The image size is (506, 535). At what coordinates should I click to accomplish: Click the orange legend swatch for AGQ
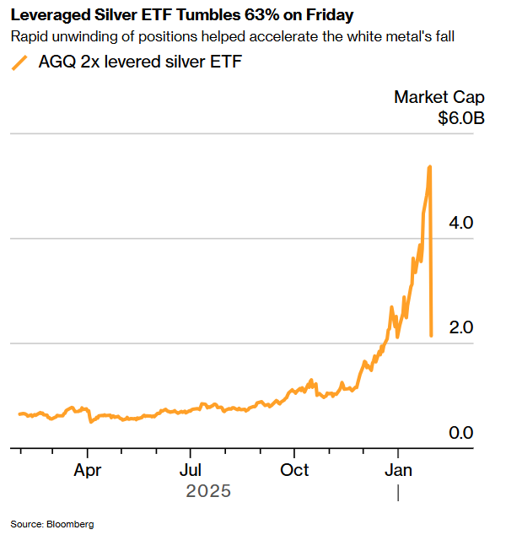point(20,62)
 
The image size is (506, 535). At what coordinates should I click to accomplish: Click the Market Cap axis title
point(439,97)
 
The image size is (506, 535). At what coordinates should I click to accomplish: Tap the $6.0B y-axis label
point(460,118)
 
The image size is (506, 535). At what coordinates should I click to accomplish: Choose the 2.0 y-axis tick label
point(461,327)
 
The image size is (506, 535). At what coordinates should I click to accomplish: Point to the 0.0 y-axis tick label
point(461,433)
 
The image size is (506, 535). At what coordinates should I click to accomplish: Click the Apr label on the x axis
point(89,469)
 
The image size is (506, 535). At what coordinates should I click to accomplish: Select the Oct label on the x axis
point(295,469)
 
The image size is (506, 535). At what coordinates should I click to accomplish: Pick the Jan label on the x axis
point(398,469)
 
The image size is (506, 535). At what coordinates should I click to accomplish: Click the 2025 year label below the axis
point(207,491)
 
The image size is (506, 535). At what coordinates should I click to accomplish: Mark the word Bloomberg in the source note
point(71,524)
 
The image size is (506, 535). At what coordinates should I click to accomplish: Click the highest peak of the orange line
point(430,167)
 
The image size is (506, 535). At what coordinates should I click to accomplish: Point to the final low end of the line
point(432,336)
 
